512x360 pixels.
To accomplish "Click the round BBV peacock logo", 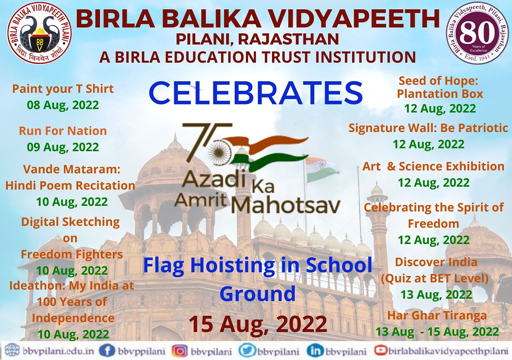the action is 39,33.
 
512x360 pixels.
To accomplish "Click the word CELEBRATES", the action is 256,93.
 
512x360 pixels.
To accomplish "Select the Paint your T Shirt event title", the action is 63,89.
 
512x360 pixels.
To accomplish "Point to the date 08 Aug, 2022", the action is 63,105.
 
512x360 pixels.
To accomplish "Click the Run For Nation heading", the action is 63,131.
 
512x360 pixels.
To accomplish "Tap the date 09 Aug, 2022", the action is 63,147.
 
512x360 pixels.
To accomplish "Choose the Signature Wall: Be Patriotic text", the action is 428,128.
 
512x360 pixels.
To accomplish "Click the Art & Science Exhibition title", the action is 433,166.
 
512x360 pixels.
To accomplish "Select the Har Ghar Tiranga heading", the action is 437,316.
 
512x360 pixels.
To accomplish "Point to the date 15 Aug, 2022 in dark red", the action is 258,324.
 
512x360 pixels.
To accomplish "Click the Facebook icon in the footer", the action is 107,351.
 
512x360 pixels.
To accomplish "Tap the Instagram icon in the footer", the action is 180,351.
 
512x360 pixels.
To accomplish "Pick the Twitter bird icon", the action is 247,351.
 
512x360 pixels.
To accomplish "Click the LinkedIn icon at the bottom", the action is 315,351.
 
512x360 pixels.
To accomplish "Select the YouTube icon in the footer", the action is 381,350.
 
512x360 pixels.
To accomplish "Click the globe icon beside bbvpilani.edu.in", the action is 12,351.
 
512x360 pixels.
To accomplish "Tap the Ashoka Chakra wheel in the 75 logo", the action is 220,152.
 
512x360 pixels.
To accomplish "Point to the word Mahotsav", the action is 286,205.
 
